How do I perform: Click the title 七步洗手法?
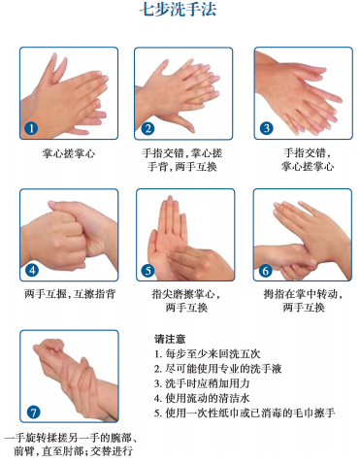tap(178, 10)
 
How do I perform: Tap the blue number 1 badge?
tap(31, 128)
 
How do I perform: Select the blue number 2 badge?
tap(147, 128)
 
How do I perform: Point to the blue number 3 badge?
tap(267, 128)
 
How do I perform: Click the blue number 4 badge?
tap(32, 270)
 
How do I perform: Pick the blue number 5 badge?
tap(147, 271)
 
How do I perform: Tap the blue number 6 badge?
tap(265, 271)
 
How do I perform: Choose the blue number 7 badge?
tap(33, 412)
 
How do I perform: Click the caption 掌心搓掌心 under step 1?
tap(69, 153)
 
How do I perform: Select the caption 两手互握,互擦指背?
tap(70, 294)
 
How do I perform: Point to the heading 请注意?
tap(170, 339)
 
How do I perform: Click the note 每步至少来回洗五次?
tap(208, 353)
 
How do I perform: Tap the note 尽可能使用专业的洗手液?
tap(218, 369)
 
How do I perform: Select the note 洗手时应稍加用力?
tap(202, 383)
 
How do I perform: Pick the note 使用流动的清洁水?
tap(202, 398)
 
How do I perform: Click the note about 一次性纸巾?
tap(245, 412)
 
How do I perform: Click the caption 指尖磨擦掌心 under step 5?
tap(186, 294)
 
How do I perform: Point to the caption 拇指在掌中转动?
tap(303, 294)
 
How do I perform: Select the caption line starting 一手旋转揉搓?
tap(71, 438)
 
